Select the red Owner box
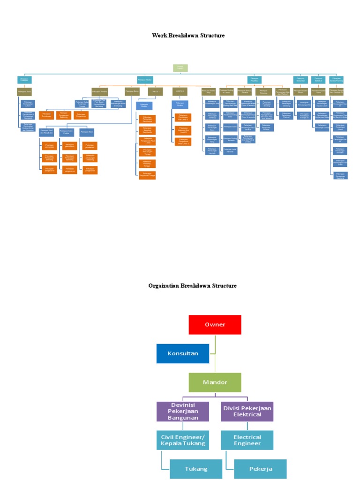[x=215, y=324]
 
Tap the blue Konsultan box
[x=182, y=353]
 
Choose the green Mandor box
[x=215, y=382]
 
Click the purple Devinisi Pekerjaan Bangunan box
[x=182, y=411]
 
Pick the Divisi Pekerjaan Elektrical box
[x=247, y=411]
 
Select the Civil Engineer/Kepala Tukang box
[x=182, y=440]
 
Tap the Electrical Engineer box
[x=247, y=440]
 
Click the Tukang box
[x=195, y=469]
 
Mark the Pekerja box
[x=260, y=469]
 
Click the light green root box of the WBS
[x=180, y=68]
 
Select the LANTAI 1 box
[x=155, y=91]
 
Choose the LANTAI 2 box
[x=180, y=91]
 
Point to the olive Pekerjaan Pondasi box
[x=100, y=91]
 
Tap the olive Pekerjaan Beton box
[x=132, y=91]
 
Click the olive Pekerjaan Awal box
[x=24, y=91]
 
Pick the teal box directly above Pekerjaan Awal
[x=24, y=80]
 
